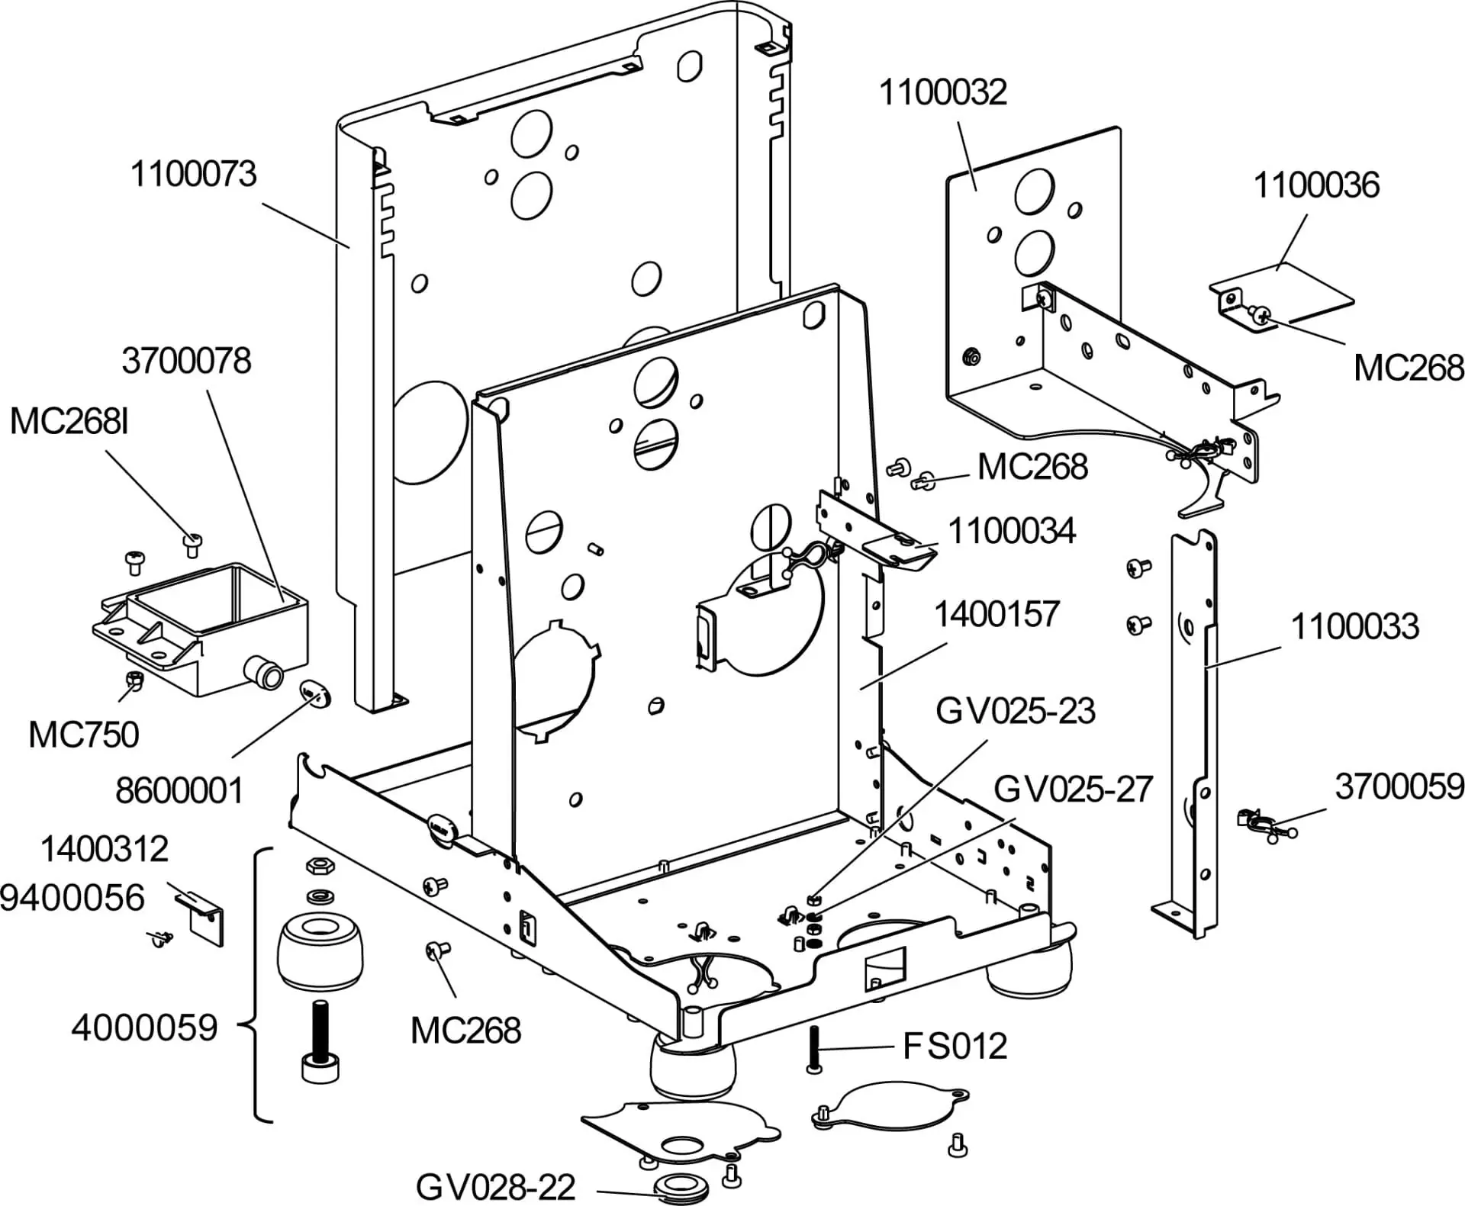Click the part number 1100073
pos(194,174)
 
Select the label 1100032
pos(943,92)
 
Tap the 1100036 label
pos(1317,185)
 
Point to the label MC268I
pos(69,421)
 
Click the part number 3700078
pos(186,361)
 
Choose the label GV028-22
pos(495,1187)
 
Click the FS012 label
pos(955,1046)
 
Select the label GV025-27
pos(1073,789)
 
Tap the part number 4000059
pos(145,1028)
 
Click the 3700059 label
pos(1399,786)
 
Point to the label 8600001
pos(179,790)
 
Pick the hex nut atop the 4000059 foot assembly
pos(317,866)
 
